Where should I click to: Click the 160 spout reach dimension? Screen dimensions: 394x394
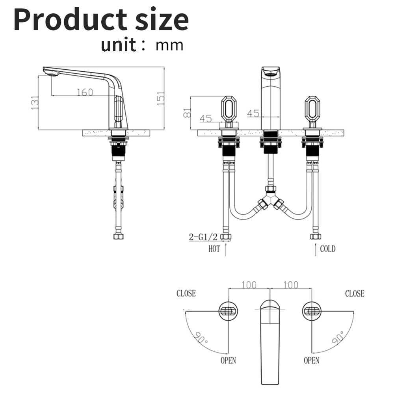(85, 92)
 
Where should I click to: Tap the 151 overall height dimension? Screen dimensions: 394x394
(161, 98)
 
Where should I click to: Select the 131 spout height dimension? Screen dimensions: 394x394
(35, 102)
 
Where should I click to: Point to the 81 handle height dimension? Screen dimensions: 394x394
(187, 113)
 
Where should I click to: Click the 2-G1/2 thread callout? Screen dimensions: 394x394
(203, 237)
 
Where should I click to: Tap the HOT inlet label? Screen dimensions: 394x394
(214, 249)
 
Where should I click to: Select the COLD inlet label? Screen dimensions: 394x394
(328, 249)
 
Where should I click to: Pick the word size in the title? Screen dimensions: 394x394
(162, 20)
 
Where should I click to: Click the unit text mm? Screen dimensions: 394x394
(169, 45)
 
